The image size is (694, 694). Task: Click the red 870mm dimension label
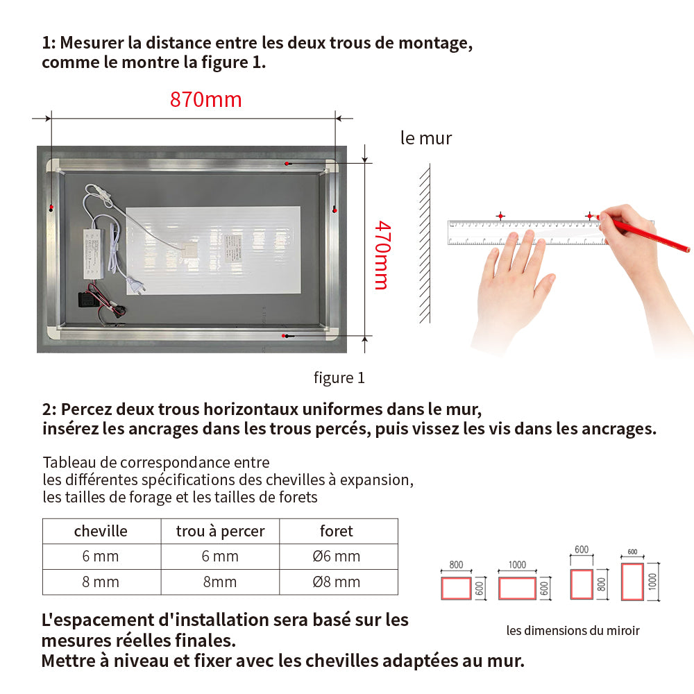pyautogui.click(x=206, y=100)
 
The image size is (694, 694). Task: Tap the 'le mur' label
pyautogui.click(x=426, y=138)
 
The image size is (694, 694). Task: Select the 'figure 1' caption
pyautogui.click(x=339, y=378)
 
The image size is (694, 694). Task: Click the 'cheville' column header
pyautogui.click(x=101, y=532)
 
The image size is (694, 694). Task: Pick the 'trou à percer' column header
pyautogui.click(x=220, y=532)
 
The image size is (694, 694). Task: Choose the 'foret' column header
pyautogui.click(x=337, y=532)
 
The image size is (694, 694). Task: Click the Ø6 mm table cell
pyautogui.click(x=337, y=557)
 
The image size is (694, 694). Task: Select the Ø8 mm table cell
pyautogui.click(x=337, y=582)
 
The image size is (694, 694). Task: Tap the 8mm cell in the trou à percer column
pyautogui.click(x=220, y=582)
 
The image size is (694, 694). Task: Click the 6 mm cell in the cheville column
pyautogui.click(x=101, y=557)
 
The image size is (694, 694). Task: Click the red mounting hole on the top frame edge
pyautogui.click(x=287, y=162)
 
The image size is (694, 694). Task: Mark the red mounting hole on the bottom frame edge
pyautogui.click(x=284, y=336)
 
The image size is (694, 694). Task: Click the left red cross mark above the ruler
pyautogui.click(x=500, y=217)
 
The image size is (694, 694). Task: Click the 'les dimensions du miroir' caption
pyautogui.click(x=573, y=631)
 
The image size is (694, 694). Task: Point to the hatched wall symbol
pyautogui.click(x=424, y=243)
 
